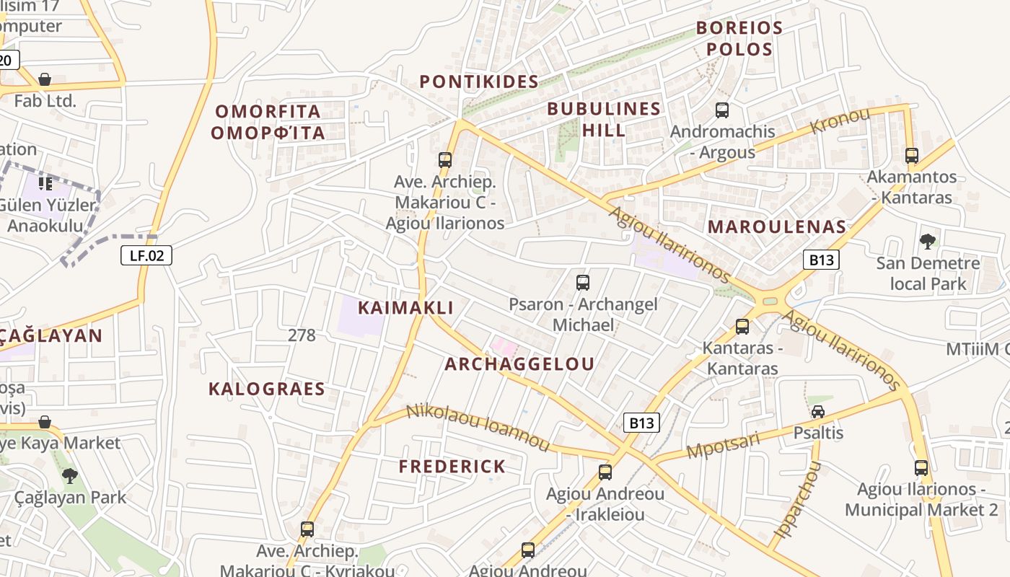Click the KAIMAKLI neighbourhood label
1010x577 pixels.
tap(406, 308)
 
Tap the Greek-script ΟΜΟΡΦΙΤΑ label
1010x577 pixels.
tap(268, 133)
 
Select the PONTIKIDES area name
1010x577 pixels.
tap(479, 82)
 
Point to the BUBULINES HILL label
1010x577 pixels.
tap(604, 120)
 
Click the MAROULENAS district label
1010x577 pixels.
tap(776, 226)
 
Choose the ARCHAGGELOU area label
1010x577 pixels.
tap(519, 364)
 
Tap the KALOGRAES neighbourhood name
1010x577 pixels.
tap(267, 389)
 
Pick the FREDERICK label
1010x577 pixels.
tap(452, 467)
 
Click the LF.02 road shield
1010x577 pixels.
tap(146, 255)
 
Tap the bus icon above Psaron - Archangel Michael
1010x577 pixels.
tap(583, 283)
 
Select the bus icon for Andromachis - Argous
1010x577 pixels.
tap(722, 110)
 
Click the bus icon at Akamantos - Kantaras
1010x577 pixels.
tap(912, 156)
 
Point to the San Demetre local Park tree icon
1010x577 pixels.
tap(928, 242)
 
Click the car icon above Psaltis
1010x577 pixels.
tap(818, 412)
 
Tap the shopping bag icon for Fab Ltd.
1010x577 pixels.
tap(45, 79)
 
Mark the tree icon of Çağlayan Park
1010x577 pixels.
tap(70, 475)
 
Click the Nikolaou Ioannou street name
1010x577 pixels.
tap(479, 428)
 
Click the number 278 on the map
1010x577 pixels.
tap(302, 335)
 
